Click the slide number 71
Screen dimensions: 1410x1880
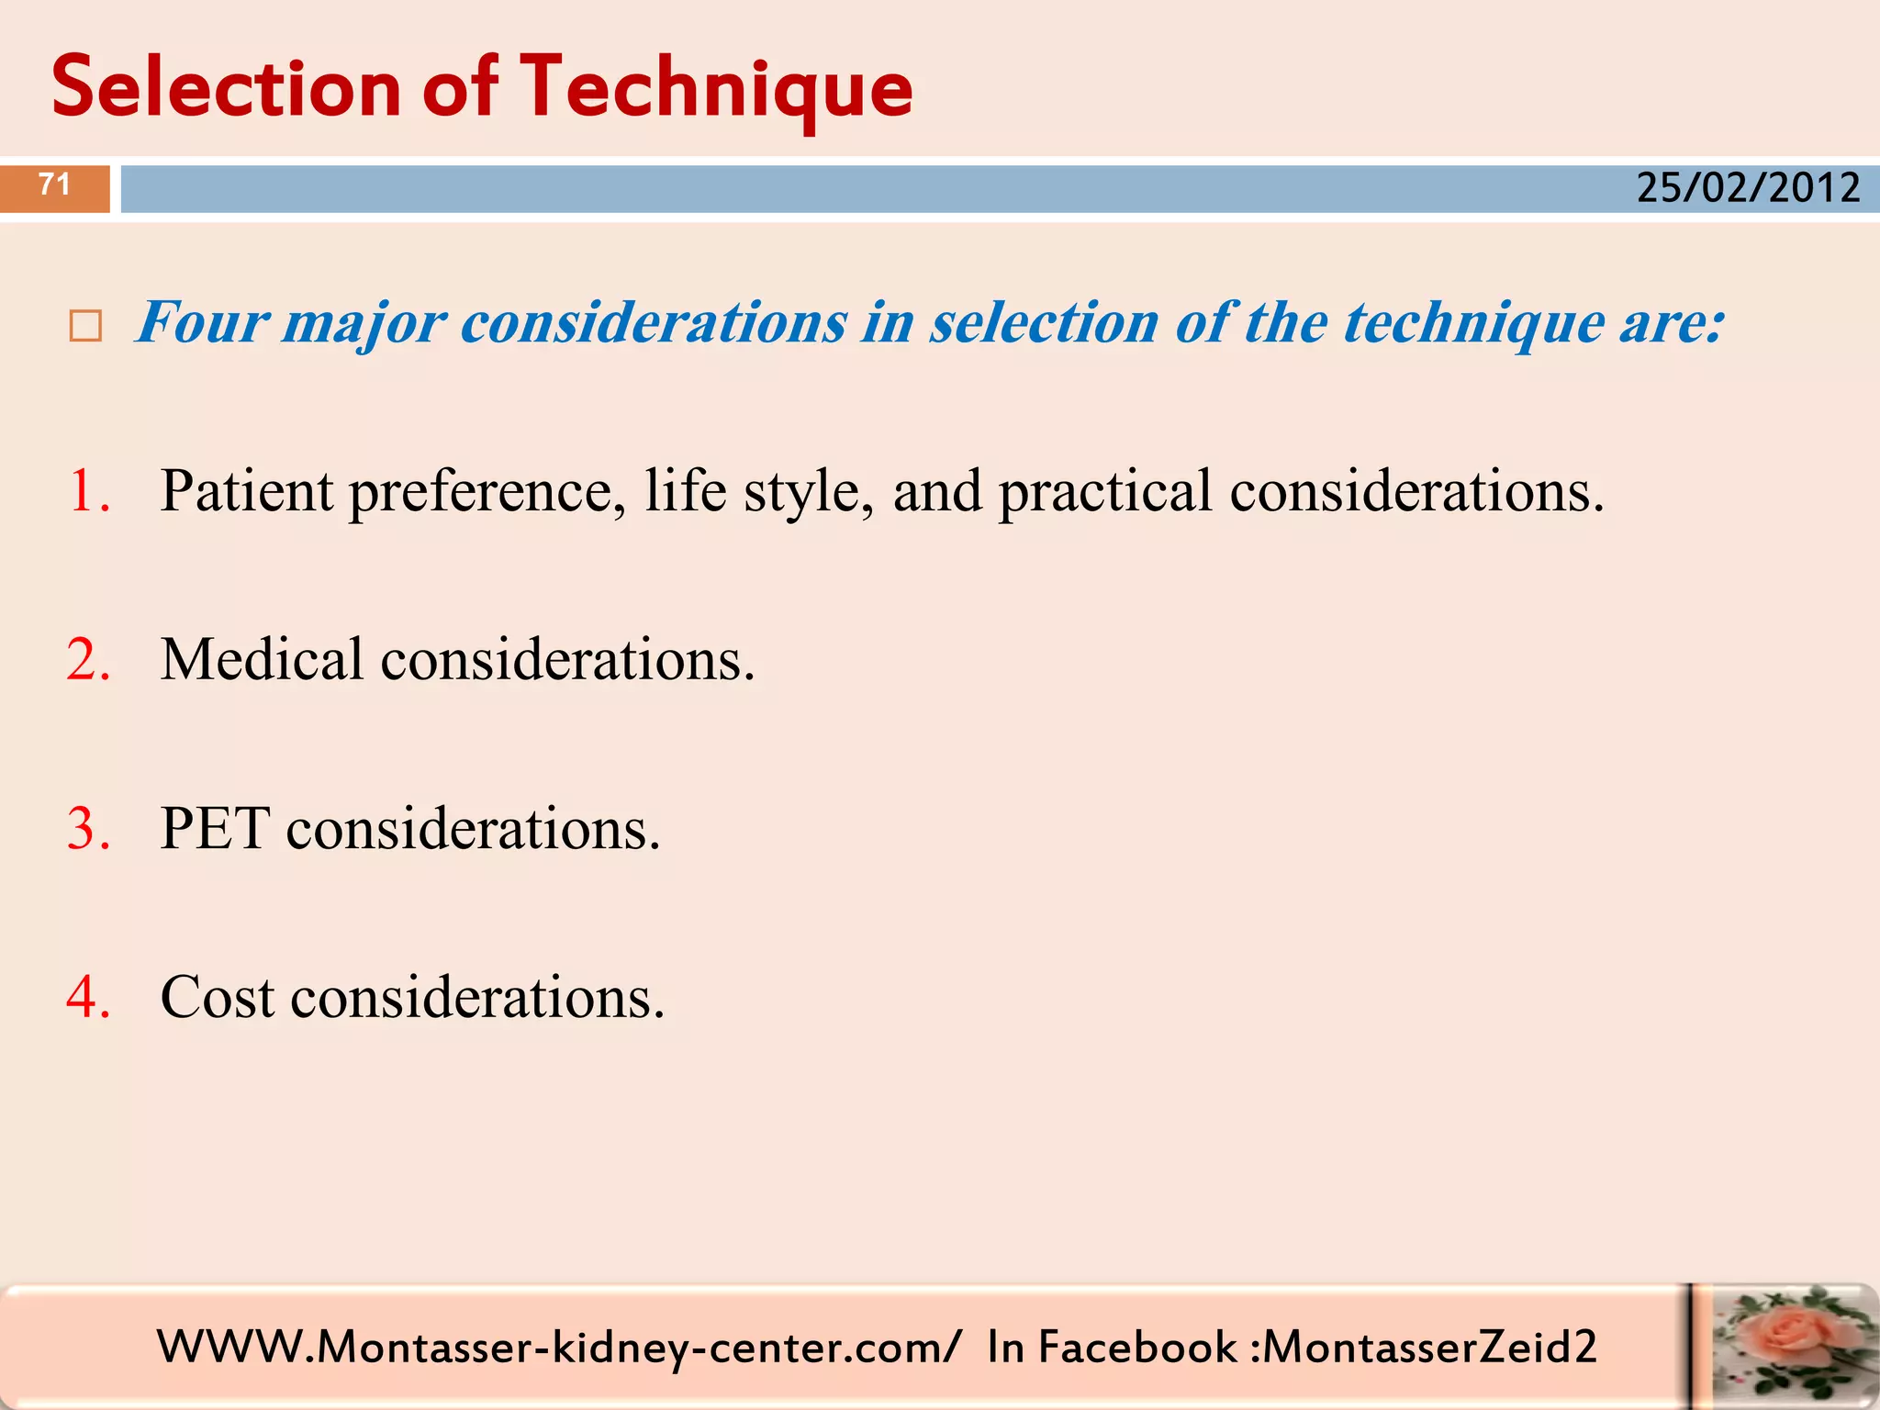(55, 185)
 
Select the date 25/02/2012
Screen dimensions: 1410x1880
(1748, 188)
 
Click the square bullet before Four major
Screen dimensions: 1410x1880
(85, 327)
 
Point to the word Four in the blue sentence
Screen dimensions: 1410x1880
(203, 323)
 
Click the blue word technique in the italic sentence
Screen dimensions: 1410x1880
(1474, 325)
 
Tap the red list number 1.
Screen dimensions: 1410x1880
(89, 491)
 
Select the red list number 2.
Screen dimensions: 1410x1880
(89, 660)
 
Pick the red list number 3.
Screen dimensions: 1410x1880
(89, 829)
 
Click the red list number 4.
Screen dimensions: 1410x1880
(89, 998)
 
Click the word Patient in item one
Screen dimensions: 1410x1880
(247, 491)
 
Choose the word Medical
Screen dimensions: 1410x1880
(263, 660)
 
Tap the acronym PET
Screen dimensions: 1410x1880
(215, 829)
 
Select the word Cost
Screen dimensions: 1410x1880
(218, 998)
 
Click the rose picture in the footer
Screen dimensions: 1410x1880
(1786, 1346)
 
